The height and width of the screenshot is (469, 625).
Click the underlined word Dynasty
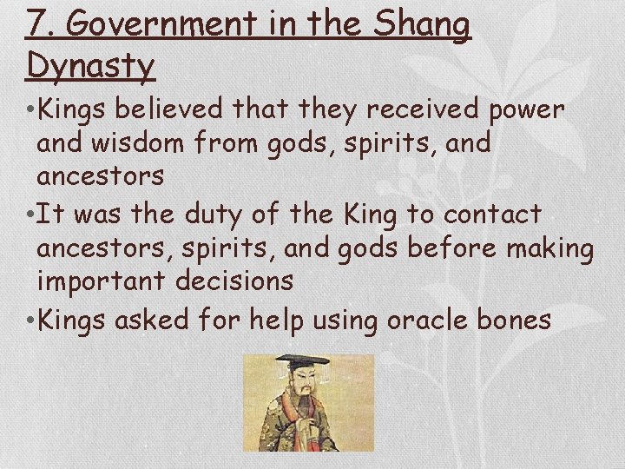click(x=90, y=65)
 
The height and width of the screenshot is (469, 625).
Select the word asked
click(x=143, y=320)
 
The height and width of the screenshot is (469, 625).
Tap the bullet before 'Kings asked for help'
click(x=31, y=320)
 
